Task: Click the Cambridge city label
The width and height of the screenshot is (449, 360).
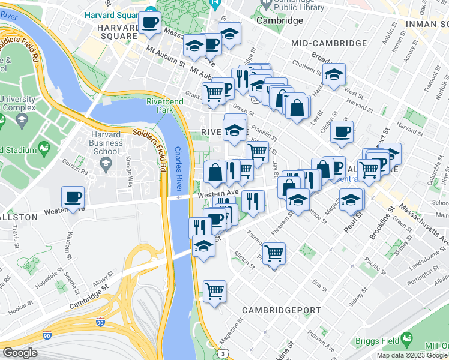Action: tap(280, 20)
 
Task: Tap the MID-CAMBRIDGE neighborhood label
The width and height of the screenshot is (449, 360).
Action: tap(328, 43)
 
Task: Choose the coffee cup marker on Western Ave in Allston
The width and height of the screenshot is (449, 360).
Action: tap(73, 197)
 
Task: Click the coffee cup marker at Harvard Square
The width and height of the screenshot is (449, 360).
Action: tap(149, 24)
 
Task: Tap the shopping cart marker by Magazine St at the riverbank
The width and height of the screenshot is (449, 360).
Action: tap(214, 292)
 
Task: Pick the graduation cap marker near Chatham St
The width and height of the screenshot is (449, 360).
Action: tap(334, 75)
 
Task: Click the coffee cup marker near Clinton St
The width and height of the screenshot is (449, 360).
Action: tap(342, 132)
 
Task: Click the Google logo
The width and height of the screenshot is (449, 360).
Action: tap(20, 353)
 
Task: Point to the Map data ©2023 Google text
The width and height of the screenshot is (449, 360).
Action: tap(411, 355)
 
